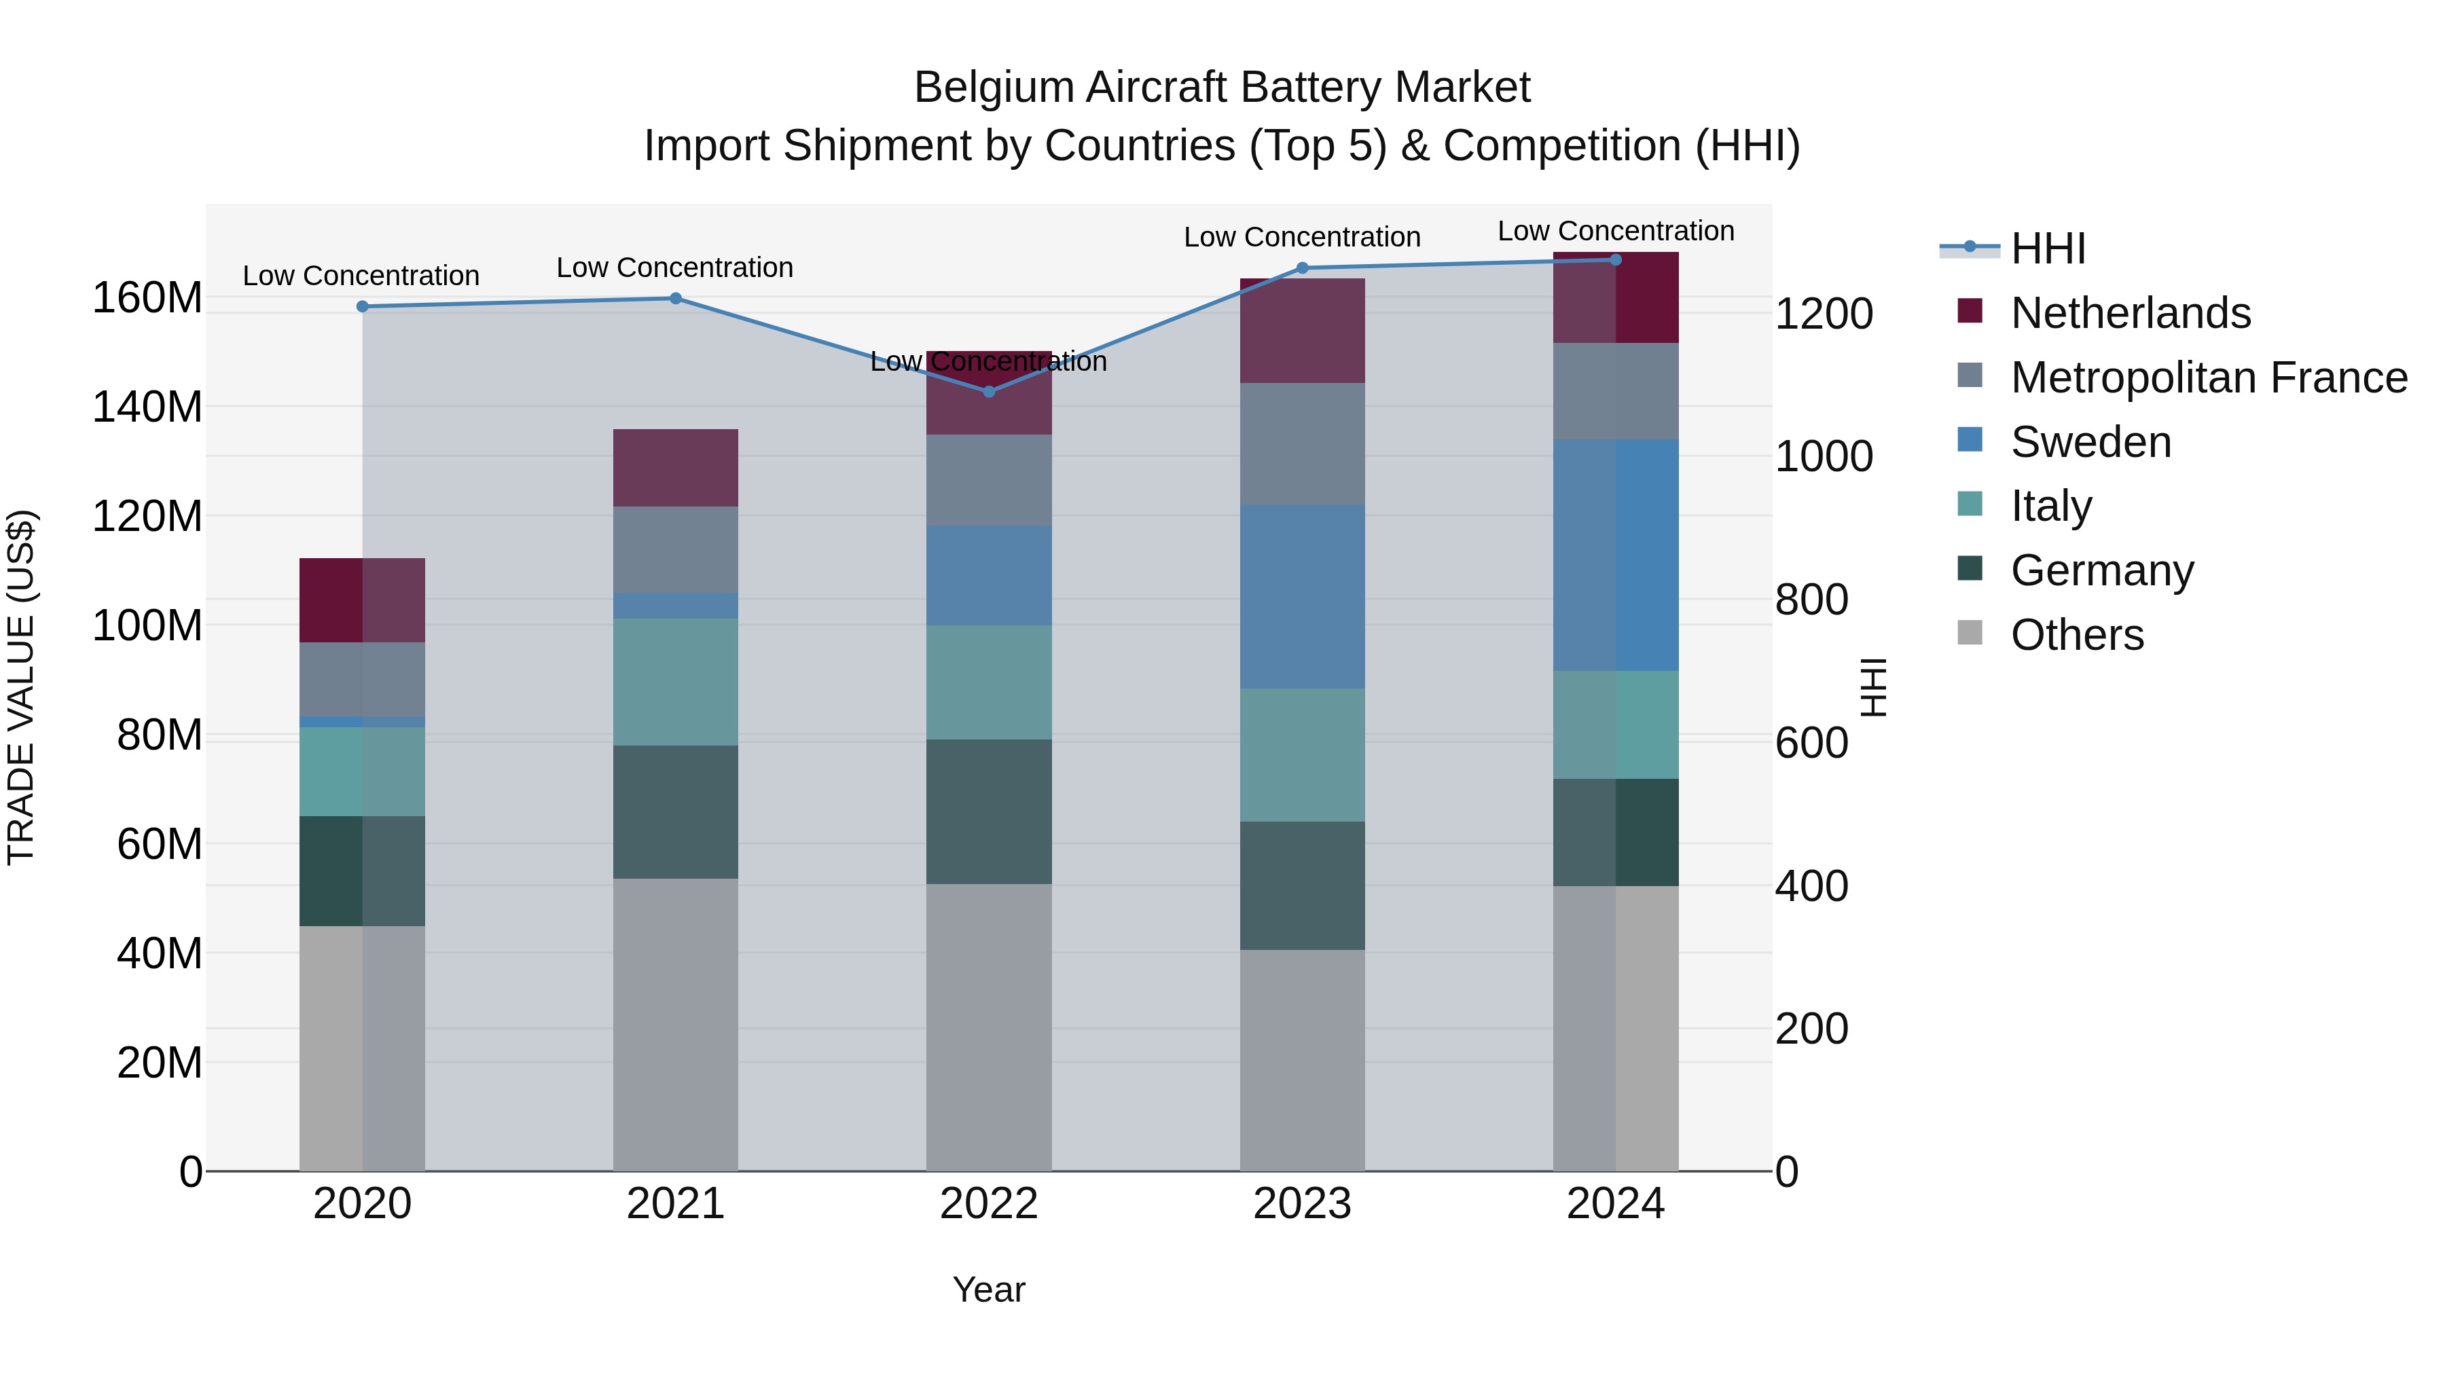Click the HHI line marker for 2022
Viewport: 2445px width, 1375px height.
(989, 391)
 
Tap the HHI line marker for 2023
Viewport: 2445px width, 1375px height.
(1302, 268)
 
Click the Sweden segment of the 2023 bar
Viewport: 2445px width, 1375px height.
(1302, 597)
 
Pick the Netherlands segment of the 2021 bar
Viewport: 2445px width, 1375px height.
(676, 468)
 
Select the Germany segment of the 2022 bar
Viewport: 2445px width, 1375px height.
(989, 812)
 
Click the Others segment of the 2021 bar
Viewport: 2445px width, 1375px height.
(676, 1025)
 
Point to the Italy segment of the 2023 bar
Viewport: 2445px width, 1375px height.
(1302, 755)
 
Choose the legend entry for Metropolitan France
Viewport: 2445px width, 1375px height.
(2209, 378)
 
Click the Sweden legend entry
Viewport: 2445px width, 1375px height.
(2090, 442)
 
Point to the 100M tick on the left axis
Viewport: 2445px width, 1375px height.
(147, 626)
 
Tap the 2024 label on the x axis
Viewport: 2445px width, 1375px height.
(1616, 1204)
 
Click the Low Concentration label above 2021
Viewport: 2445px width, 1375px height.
(675, 268)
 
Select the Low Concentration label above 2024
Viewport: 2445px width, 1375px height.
(1616, 232)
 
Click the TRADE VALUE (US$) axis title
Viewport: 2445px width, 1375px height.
(22, 687)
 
